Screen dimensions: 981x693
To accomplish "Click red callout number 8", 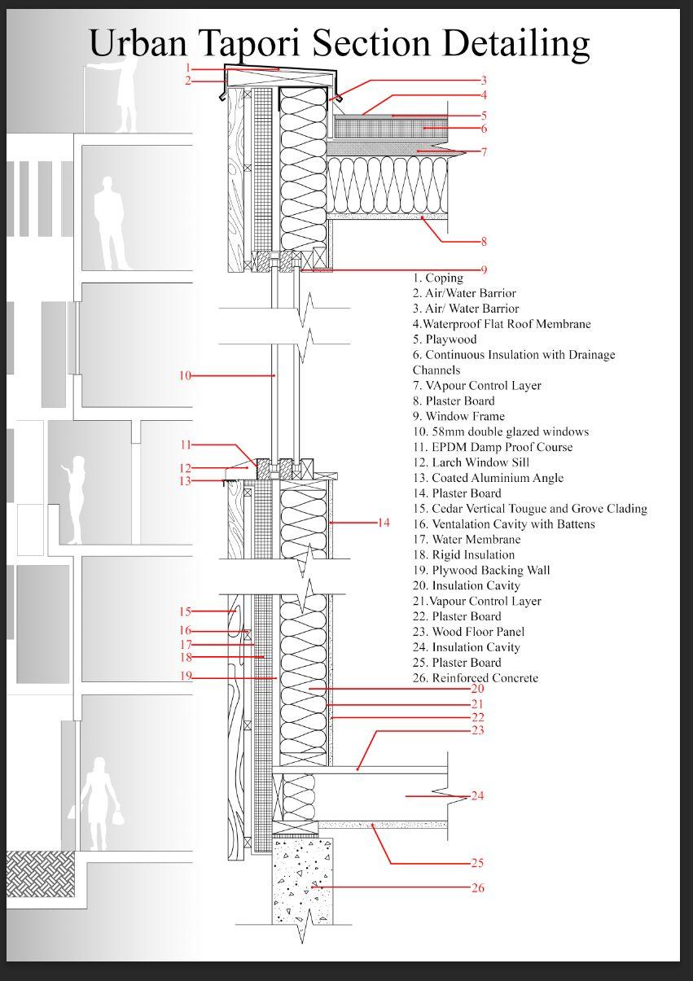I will [x=484, y=242].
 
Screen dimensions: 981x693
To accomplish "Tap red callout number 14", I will [x=384, y=523].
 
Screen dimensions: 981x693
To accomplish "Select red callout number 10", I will [x=185, y=375].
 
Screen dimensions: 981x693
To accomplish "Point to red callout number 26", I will [x=478, y=887].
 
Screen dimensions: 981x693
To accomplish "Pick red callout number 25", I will [x=478, y=863].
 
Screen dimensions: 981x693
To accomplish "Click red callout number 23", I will [x=478, y=730].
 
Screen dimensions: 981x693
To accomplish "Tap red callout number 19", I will [x=185, y=677].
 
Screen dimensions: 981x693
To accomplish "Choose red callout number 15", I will [x=185, y=611].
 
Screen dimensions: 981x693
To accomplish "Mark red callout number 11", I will [x=185, y=445].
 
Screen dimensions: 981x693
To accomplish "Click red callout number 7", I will [x=484, y=151].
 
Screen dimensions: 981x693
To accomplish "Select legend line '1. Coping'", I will [x=437, y=278].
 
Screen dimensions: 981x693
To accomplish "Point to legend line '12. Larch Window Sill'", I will [x=471, y=462].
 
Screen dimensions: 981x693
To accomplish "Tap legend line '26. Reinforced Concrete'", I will [x=475, y=678].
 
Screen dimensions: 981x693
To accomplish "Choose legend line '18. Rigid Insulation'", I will [x=463, y=554].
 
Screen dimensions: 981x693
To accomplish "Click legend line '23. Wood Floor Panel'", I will [x=468, y=632].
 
